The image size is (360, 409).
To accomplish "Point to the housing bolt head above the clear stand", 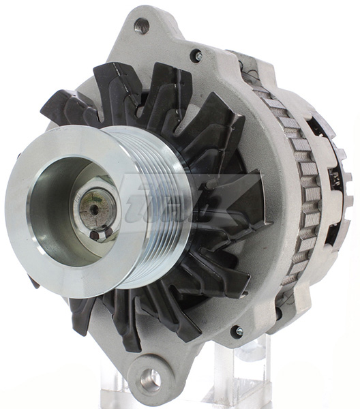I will [237, 331].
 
